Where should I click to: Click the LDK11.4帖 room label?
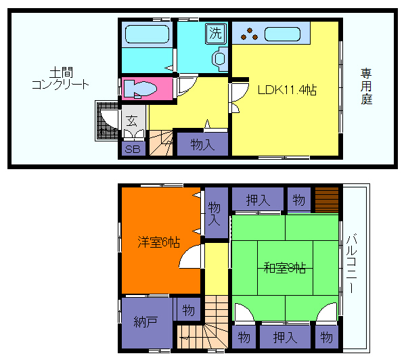tap(287, 89)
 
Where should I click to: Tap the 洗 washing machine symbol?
tap(215, 32)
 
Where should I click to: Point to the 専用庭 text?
tap(366, 86)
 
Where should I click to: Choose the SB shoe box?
tap(133, 149)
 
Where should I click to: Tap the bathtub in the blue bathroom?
tap(147, 34)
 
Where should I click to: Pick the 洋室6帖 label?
tap(159, 242)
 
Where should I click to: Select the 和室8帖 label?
tap(284, 267)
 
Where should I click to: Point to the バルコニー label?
tap(354, 264)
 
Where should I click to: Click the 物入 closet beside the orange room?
tap(215, 212)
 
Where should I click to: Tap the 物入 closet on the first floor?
tap(202, 144)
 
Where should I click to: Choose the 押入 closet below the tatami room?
tap(284, 336)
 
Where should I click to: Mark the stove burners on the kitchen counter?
tap(248, 32)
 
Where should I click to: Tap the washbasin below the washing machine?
tap(219, 60)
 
